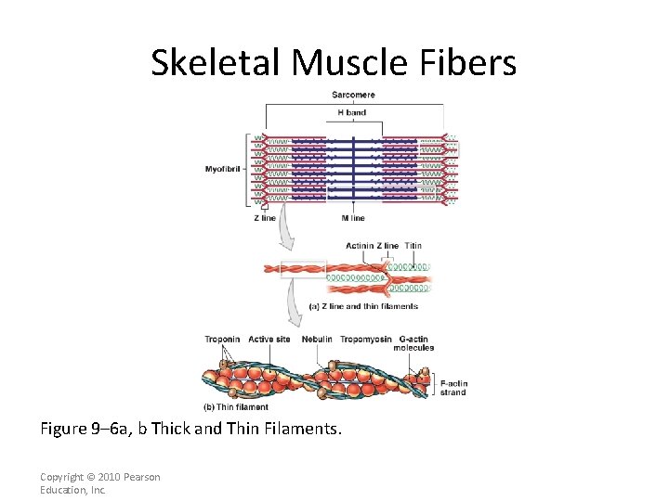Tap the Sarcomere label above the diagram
tap(353, 96)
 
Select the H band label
tap(352, 113)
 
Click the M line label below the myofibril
tap(353, 218)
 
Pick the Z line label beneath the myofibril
tap(265, 218)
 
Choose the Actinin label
tap(360, 246)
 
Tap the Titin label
tap(413, 246)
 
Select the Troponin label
tap(222, 340)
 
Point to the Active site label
tap(269, 340)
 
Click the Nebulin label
tap(317, 340)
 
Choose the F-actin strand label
tap(453, 388)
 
